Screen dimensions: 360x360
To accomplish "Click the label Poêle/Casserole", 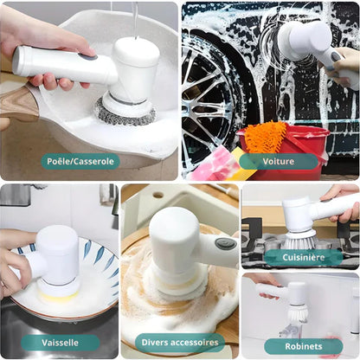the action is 80,161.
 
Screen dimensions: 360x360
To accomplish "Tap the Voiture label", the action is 279,161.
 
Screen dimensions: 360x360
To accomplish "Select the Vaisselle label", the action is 60,343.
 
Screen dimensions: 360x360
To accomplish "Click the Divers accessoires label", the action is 180,343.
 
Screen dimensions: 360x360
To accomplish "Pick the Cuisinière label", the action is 304,257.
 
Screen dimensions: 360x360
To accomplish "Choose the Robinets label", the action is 304,346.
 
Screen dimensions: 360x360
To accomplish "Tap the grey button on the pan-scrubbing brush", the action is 89,58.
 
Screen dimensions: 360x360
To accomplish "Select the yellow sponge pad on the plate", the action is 59,295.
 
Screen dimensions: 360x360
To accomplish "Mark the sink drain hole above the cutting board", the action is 158,195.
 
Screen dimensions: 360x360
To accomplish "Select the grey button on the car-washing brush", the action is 336,56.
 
